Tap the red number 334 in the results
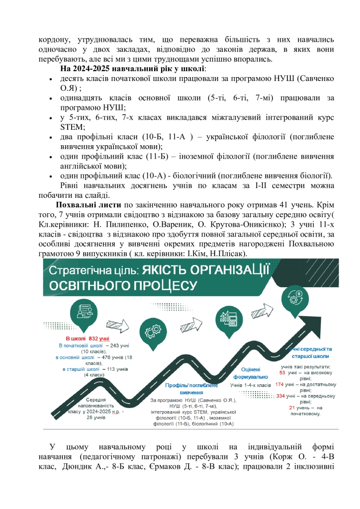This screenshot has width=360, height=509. [282, 396]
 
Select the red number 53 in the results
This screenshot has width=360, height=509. [282, 372]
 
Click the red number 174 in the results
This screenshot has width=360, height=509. [280, 384]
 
